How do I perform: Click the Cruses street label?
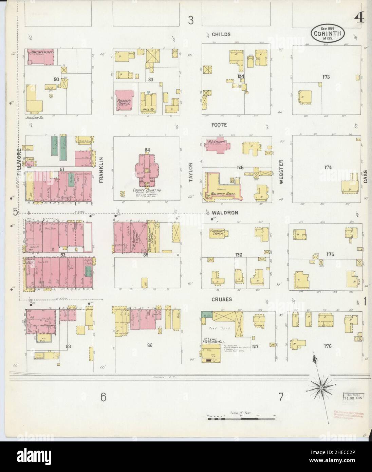(222, 299)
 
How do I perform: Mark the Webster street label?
(281, 171)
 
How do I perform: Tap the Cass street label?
(366, 177)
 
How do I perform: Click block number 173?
(326, 77)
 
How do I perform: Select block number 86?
(149, 345)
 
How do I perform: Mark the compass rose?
(320, 387)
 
